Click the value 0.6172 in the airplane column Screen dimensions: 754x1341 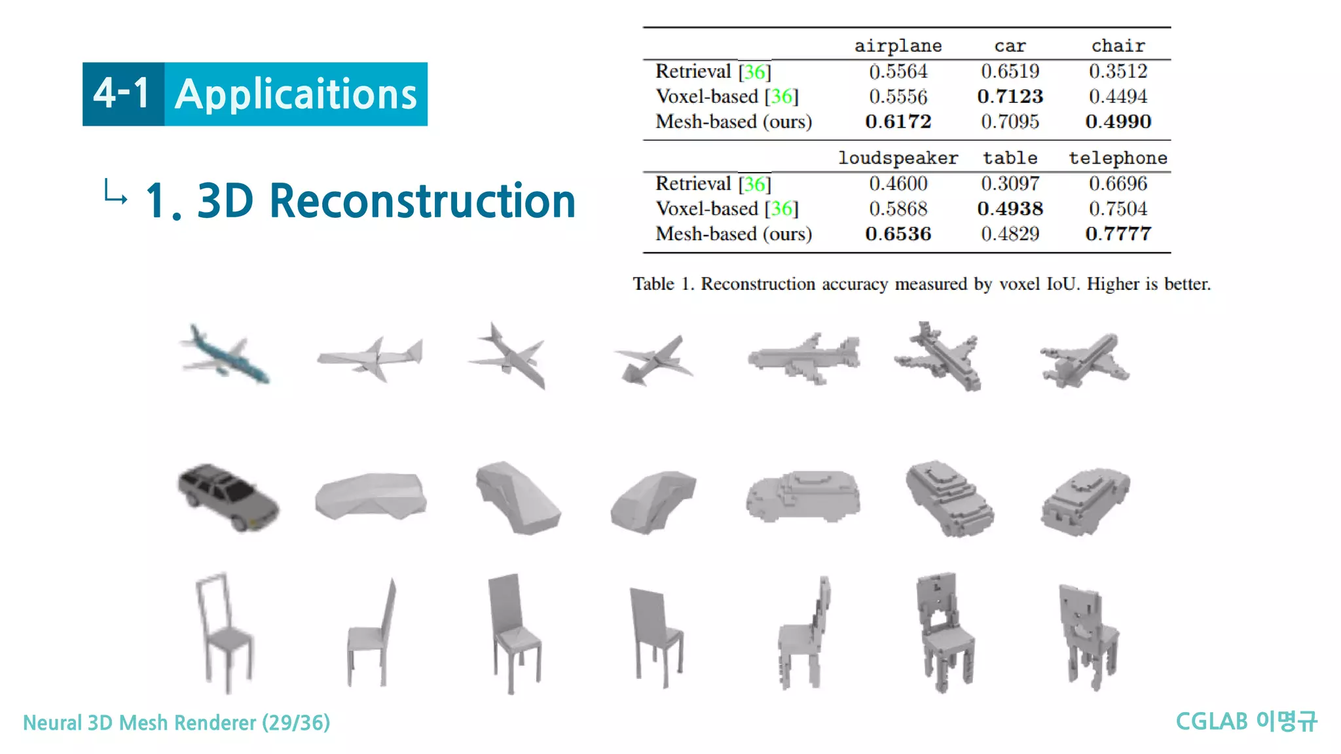pos(898,122)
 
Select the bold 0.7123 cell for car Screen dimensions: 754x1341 pos(1010,96)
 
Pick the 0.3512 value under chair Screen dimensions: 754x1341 pos(1118,71)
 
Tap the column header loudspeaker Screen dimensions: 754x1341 pos(898,158)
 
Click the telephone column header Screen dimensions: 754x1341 pos(1118,158)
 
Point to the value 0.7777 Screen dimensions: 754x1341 pos(1118,234)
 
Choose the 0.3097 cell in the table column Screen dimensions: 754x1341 pos(1010,184)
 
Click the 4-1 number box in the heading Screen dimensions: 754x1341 pos(122,94)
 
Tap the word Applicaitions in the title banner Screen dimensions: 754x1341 pos(296,95)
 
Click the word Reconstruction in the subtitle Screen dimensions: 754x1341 pos(422,201)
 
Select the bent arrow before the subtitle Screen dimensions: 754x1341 pos(116,192)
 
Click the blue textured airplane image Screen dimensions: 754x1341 pos(225,354)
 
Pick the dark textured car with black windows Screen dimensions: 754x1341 pos(228,496)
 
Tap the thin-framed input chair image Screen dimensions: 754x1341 pos(224,632)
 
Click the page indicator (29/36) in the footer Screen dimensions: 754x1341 pos(296,723)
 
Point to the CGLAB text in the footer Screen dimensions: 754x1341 pos(1211,722)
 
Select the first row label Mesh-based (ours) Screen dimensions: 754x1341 pos(733,122)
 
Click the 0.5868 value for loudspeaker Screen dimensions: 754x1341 pos(898,209)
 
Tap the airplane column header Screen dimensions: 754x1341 pos(898,46)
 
